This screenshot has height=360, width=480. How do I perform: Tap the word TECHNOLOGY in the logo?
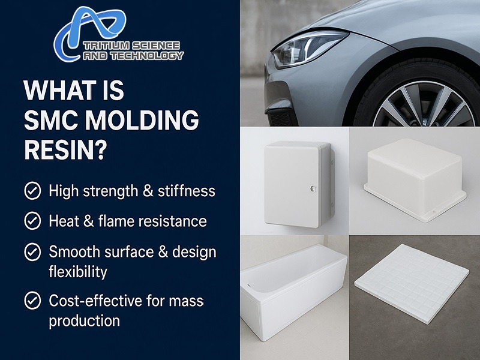pyautogui.click(x=147, y=56)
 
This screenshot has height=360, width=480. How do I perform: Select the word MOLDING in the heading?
pyautogui.click(x=142, y=120)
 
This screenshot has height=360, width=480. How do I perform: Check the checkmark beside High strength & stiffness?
pyautogui.click(x=32, y=191)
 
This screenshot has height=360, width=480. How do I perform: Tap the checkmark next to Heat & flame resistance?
pyautogui.click(x=32, y=221)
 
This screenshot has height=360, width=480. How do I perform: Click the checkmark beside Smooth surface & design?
pyautogui.click(x=32, y=251)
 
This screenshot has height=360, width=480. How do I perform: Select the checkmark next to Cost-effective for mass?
pyautogui.click(x=32, y=301)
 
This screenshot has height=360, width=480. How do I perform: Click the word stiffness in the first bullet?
pyautogui.click(x=187, y=191)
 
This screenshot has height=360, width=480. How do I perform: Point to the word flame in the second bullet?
pyautogui.click(x=116, y=221)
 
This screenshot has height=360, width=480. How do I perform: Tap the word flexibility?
pyautogui.click(x=78, y=272)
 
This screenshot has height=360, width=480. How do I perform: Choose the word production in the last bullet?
pyautogui.click(x=85, y=321)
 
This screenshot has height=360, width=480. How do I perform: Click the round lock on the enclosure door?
pyautogui.click(x=313, y=189)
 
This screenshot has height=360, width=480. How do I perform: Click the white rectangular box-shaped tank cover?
pyautogui.click(x=415, y=179)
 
